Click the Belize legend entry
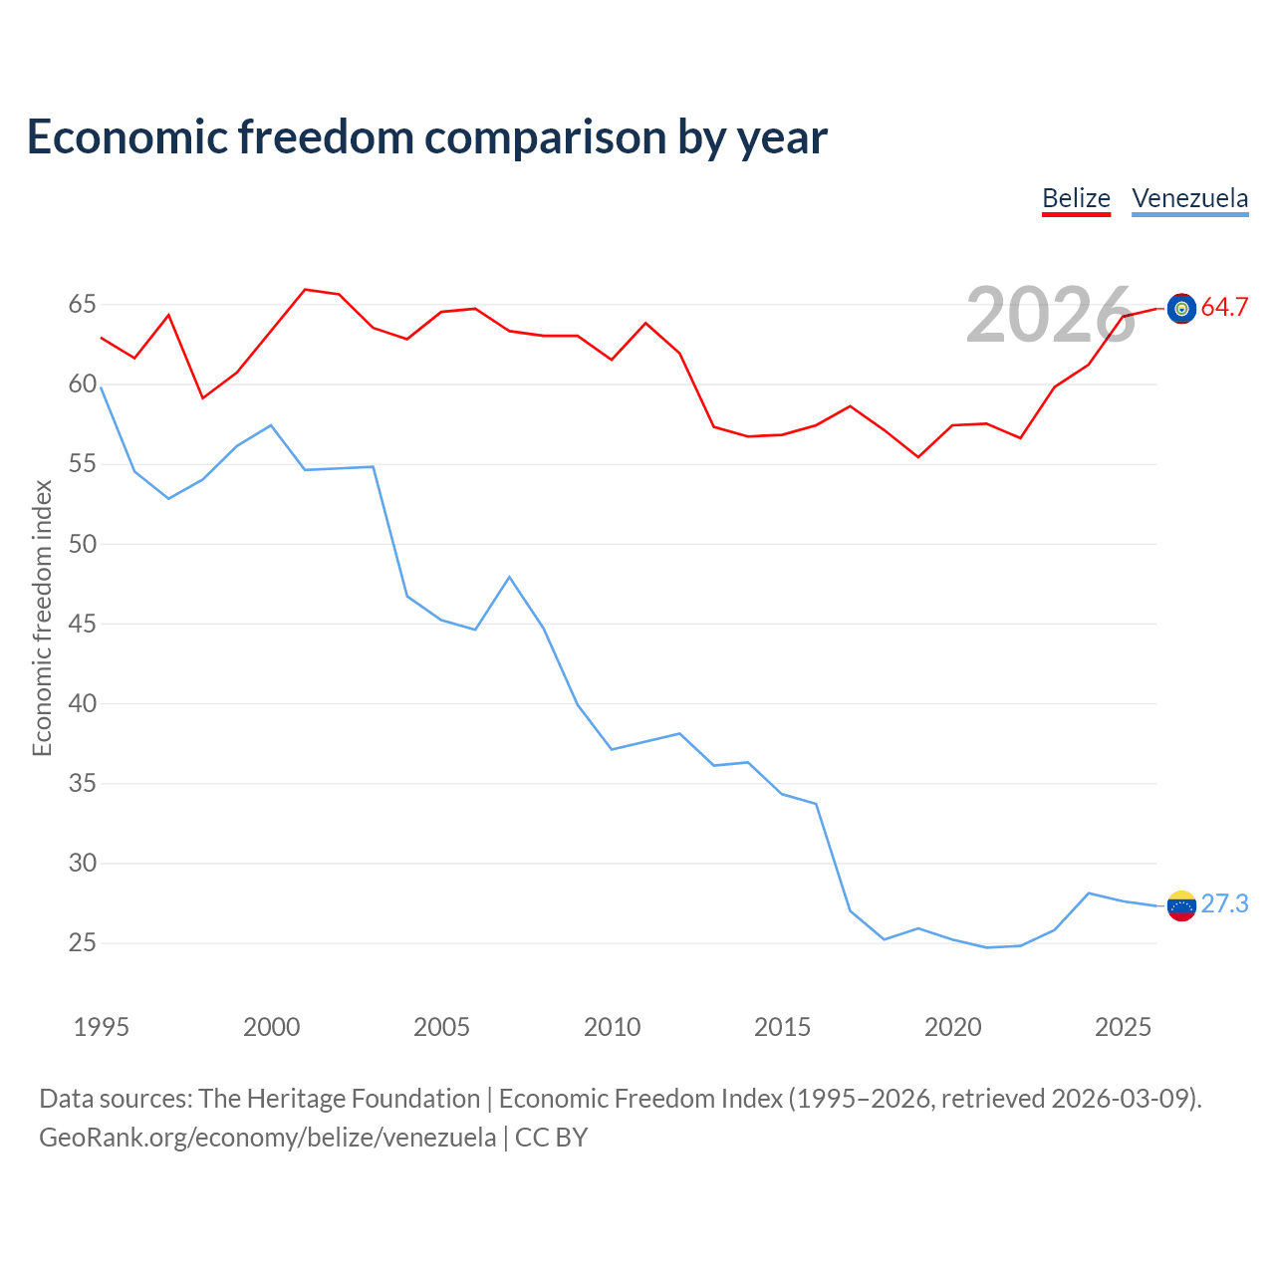click(1076, 198)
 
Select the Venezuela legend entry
click(1189, 198)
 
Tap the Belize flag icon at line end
click(1181, 309)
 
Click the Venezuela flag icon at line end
click(1181, 905)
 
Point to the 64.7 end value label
click(1224, 307)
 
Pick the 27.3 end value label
click(1224, 903)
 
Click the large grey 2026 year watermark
click(1051, 315)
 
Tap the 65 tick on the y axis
click(82, 305)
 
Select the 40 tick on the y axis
click(82, 703)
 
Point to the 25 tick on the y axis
click(82, 943)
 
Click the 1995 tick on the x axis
click(102, 1027)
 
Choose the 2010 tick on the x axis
click(612, 1027)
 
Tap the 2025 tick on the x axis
click(1123, 1027)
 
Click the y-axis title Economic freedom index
click(42, 618)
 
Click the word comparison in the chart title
click(545, 137)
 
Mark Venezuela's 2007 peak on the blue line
click(509, 577)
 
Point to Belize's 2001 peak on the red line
click(305, 290)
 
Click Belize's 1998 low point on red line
click(203, 397)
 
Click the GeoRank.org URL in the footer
click(267, 1138)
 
